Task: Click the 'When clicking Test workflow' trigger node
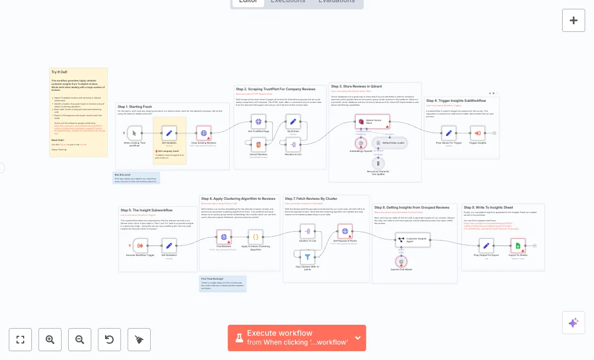(x=134, y=133)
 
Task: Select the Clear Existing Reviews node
(x=204, y=133)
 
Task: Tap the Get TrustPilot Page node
(x=258, y=122)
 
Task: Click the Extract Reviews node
(x=258, y=145)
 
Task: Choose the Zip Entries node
(x=293, y=122)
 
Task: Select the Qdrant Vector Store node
(x=372, y=122)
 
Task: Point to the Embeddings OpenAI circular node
(x=361, y=144)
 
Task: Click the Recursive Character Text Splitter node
(x=378, y=163)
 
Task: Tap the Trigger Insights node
(x=477, y=133)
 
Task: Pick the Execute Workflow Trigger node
(x=140, y=246)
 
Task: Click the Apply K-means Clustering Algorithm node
(x=255, y=237)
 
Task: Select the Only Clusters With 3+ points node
(x=307, y=257)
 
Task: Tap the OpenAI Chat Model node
(x=402, y=261)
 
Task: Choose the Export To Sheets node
(x=518, y=246)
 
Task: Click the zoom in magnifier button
(x=50, y=340)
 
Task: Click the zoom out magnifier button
(x=80, y=340)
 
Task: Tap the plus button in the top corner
(x=574, y=20)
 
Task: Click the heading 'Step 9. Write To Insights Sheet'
(x=484, y=208)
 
